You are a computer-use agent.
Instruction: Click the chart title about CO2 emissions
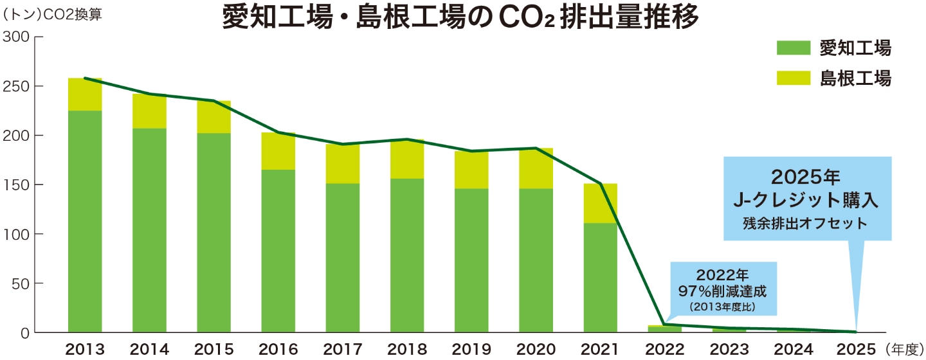point(460,17)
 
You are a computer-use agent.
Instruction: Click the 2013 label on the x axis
point(85,349)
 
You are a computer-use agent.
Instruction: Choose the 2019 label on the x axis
point(471,349)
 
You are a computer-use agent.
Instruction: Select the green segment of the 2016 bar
point(278,251)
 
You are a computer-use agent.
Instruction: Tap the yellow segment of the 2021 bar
point(601,203)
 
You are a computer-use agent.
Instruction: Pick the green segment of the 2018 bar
point(407,255)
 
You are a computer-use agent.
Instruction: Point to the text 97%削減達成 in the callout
point(723,290)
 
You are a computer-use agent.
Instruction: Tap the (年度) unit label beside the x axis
point(903,349)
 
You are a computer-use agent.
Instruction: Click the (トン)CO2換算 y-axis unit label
point(53,14)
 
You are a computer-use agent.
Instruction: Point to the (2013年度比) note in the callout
point(723,307)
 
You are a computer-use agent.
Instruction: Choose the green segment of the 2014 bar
point(149,230)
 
